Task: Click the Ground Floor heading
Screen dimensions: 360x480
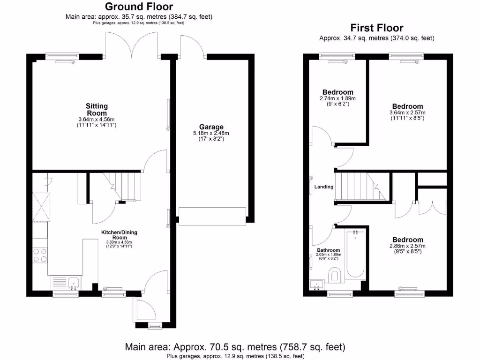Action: [x=138, y=7]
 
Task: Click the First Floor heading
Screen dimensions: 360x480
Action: [x=377, y=28]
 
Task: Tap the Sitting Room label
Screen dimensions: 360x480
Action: [x=97, y=110]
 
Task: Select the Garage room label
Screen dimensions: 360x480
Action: [x=211, y=127]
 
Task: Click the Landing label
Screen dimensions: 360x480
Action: [x=324, y=187]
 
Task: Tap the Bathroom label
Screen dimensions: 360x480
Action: [x=328, y=250]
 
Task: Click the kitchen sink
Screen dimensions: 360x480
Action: [x=73, y=283]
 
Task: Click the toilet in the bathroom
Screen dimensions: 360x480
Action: [x=336, y=275]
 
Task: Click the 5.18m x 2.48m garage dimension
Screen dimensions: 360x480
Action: [x=211, y=133]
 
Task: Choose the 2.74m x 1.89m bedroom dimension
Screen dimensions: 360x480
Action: [x=337, y=98]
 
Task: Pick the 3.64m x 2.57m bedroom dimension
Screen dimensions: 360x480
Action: [x=407, y=113]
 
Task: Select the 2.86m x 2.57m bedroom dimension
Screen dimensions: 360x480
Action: [x=407, y=246]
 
